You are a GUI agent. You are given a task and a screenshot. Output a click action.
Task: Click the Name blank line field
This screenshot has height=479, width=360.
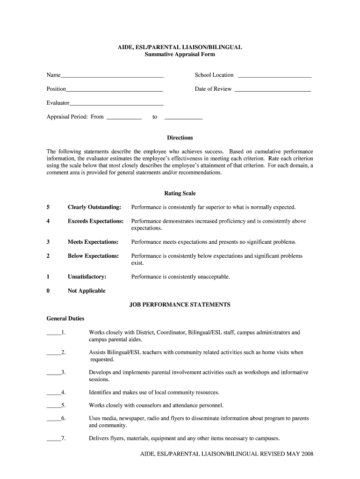[x=112, y=76]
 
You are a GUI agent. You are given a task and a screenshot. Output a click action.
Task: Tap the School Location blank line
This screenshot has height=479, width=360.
[x=274, y=76]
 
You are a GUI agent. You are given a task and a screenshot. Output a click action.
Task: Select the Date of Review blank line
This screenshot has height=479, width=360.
[x=273, y=90]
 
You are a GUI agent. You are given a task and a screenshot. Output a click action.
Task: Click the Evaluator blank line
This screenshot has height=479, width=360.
[x=116, y=104]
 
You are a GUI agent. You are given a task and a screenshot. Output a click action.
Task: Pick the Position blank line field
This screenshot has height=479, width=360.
[x=114, y=90]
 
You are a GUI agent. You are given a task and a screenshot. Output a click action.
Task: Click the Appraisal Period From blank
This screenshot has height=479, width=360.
[x=124, y=118]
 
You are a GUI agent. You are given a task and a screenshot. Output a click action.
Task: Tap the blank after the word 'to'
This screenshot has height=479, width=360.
[x=184, y=118]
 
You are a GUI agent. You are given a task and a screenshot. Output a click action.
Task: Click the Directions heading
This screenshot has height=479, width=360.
[x=180, y=138]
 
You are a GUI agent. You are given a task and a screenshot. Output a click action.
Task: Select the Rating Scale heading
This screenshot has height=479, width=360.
[x=180, y=193]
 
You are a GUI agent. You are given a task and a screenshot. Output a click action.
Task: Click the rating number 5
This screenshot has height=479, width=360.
[x=48, y=207]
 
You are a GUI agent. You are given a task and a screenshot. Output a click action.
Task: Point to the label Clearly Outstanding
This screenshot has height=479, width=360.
[x=94, y=207]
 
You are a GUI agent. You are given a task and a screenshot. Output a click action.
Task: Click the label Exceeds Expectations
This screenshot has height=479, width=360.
[x=95, y=221]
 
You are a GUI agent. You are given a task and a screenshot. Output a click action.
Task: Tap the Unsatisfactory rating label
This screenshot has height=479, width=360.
[x=87, y=277]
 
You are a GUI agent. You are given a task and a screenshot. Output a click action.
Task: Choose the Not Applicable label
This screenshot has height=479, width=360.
[x=86, y=291]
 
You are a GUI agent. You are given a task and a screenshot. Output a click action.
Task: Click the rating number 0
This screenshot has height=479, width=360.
[x=48, y=291]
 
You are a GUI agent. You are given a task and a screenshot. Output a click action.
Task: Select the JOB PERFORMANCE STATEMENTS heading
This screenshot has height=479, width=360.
[x=180, y=305]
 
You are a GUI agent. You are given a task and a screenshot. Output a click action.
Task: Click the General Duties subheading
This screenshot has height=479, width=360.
[x=65, y=319]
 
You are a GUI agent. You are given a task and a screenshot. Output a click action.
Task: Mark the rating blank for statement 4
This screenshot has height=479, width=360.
[x=53, y=393]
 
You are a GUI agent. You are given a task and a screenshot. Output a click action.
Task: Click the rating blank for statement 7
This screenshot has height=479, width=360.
[x=53, y=440]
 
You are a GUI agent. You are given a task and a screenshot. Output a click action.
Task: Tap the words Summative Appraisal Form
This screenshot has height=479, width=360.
[x=180, y=55]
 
